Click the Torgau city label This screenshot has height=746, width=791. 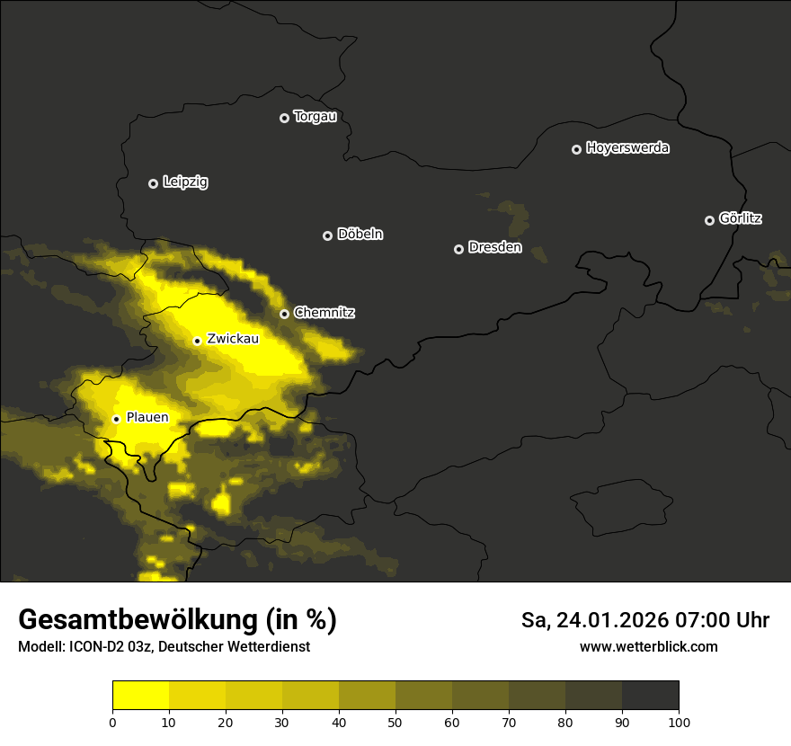tap(315, 117)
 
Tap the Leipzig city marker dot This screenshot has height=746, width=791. tap(154, 183)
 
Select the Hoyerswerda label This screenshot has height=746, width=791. tap(627, 148)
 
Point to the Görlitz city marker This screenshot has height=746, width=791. tap(709, 220)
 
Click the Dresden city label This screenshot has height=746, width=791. tap(494, 248)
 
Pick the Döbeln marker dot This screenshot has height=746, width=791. tap(327, 235)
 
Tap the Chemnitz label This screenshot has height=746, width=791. tap(324, 313)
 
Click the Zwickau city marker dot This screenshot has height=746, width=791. tap(197, 341)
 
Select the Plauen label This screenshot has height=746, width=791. tap(147, 418)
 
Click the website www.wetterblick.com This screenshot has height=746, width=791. tap(648, 647)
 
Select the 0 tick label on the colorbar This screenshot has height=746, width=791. tap(112, 722)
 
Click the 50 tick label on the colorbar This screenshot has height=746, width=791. tap(395, 722)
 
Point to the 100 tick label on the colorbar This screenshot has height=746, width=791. tap(679, 722)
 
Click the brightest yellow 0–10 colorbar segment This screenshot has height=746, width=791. tap(140, 696)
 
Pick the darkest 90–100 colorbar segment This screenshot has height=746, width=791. tap(650, 696)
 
